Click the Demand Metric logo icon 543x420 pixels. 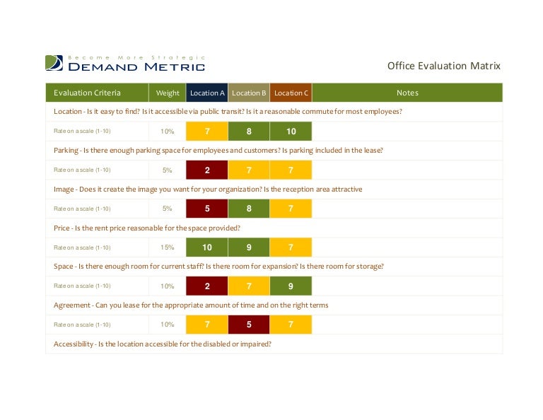(x=54, y=63)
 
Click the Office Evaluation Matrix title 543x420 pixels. (x=443, y=66)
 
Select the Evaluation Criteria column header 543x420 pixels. (x=87, y=93)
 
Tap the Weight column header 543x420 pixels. (x=168, y=93)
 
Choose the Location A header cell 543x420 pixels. (x=207, y=93)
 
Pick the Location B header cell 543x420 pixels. (x=249, y=93)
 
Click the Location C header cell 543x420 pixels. (x=291, y=93)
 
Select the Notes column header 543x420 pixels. (x=407, y=93)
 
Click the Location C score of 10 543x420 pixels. (x=291, y=132)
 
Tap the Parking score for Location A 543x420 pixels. (x=207, y=170)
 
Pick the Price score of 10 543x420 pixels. (x=207, y=247)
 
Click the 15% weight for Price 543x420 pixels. (x=168, y=247)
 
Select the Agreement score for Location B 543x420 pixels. (x=249, y=325)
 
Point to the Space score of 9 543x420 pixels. (x=291, y=286)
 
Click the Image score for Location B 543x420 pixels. (x=249, y=209)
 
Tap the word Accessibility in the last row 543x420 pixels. (x=74, y=344)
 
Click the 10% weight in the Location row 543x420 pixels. (x=168, y=132)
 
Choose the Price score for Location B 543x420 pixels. (x=249, y=247)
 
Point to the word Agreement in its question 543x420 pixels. (x=71, y=305)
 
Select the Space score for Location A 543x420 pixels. (x=207, y=286)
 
